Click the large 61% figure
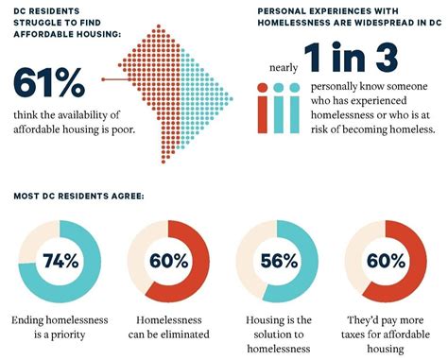pyautogui.click(x=49, y=82)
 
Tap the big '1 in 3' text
pyautogui.click(x=351, y=58)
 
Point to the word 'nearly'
pyautogui.click(x=284, y=67)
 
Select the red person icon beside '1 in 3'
pyautogui.click(x=263, y=108)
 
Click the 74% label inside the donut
pyautogui.click(x=60, y=261)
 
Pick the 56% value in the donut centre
pyautogui.click(x=279, y=261)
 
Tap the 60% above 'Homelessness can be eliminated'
pyautogui.click(x=168, y=261)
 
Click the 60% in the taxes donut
pyautogui.click(x=386, y=261)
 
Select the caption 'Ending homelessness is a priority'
pyautogui.click(x=60, y=327)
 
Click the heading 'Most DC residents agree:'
pyautogui.click(x=78, y=196)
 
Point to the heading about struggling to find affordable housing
pyautogui.click(x=67, y=23)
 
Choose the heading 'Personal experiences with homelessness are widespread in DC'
pyautogui.click(x=350, y=17)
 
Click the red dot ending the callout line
pyautogui.click(x=103, y=79)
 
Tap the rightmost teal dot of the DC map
pyautogui.click(x=232, y=99)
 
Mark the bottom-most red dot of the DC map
pyautogui.click(x=164, y=162)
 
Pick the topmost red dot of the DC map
pyautogui.click(x=159, y=26)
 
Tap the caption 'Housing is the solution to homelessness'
pyautogui.click(x=279, y=334)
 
